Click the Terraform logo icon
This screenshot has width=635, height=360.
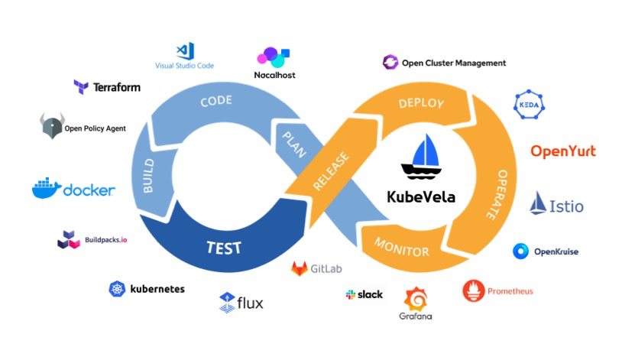tap(80, 86)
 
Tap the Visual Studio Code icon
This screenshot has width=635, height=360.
tap(183, 51)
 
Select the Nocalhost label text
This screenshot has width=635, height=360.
tap(274, 75)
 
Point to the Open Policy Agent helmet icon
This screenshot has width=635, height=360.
tap(50, 126)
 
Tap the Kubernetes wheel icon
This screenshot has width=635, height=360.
tap(117, 289)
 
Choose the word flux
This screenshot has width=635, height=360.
tap(250, 303)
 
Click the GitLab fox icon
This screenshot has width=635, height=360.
tap(300, 269)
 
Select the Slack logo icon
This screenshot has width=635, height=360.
tap(351, 294)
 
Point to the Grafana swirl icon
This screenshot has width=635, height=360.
tap(415, 298)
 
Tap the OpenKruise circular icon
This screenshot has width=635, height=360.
tap(521, 251)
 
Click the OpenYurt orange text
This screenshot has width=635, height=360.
tap(563, 151)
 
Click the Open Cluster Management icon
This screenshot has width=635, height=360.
tap(390, 63)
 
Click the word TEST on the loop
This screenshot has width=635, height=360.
tap(223, 248)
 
